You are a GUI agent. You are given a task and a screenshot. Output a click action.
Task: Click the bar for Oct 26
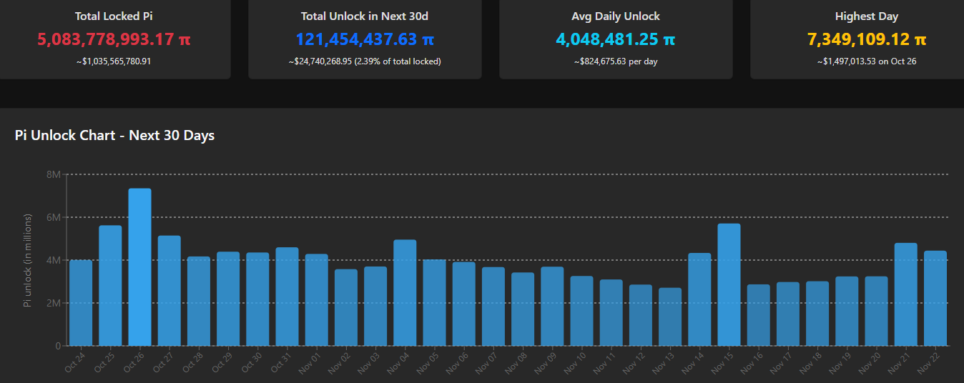(139, 267)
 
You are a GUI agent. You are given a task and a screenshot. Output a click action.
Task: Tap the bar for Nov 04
(405, 293)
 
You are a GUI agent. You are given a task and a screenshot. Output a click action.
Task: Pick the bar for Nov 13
(670, 317)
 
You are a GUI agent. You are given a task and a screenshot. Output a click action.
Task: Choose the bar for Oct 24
(81, 303)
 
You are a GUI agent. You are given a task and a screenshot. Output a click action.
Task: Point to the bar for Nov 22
(935, 298)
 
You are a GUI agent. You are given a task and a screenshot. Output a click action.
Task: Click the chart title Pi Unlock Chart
(114, 135)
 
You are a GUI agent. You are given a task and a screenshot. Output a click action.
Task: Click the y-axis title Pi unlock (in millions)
(27, 260)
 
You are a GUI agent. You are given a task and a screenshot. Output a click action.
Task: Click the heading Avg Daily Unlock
(616, 16)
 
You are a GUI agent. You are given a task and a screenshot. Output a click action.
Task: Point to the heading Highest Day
(867, 16)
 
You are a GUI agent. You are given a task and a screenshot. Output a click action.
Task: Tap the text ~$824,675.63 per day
(616, 61)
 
